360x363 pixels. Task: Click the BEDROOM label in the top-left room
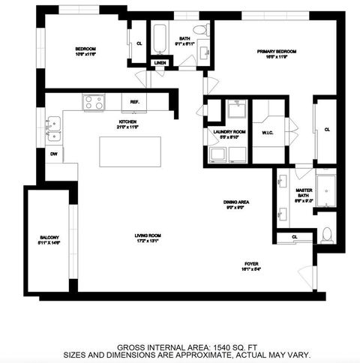tap(85, 49)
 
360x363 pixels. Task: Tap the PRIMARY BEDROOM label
tap(277, 52)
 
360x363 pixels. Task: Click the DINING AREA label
tap(236, 202)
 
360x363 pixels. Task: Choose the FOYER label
tap(251, 264)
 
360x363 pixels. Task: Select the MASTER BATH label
tap(304, 194)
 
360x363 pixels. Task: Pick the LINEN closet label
tap(160, 62)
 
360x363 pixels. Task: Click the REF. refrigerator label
tap(135, 101)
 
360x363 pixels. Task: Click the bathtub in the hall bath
tap(160, 36)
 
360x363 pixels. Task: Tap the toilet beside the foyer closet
tap(326, 235)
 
